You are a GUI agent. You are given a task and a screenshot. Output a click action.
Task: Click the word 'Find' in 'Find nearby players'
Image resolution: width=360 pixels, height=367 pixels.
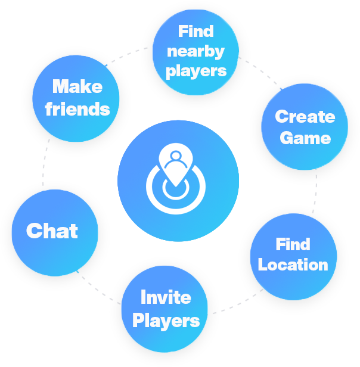[195, 30]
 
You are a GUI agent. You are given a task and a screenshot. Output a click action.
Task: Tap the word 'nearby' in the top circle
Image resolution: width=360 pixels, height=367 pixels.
[195, 51]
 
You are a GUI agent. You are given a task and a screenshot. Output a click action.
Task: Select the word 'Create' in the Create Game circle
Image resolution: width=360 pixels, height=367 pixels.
[305, 116]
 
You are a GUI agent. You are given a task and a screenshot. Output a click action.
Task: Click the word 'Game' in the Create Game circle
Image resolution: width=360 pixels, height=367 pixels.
[305, 138]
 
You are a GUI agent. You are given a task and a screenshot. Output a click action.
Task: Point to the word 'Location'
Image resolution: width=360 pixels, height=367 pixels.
[293, 265]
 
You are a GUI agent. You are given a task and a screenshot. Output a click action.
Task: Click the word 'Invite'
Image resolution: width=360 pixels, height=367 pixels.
[166, 297]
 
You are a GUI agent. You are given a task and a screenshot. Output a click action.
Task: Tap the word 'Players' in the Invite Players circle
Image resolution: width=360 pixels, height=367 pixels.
[166, 321]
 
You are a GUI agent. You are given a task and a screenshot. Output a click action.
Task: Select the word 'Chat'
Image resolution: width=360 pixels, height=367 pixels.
[52, 231]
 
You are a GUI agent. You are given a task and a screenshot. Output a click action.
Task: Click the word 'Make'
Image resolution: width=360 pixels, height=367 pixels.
[77, 87]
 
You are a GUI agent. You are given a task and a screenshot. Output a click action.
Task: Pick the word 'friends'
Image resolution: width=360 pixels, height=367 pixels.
[77, 109]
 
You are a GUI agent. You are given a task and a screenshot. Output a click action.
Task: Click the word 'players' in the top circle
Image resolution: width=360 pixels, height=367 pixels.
[195, 72]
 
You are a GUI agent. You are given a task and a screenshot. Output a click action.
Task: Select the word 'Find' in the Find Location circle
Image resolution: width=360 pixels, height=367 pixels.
[293, 244]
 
